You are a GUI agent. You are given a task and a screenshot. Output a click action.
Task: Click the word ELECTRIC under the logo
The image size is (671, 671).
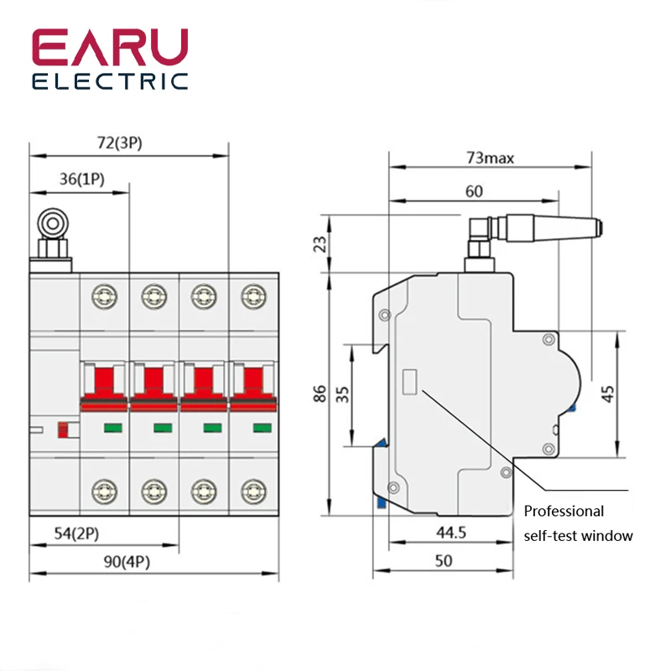pyautogui.click(x=110, y=82)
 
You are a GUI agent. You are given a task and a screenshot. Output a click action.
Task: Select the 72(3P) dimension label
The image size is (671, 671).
pyautogui.click(x=119, y=143)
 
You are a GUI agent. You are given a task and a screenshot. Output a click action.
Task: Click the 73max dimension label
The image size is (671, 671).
pyautogui.click(x=491, y=157)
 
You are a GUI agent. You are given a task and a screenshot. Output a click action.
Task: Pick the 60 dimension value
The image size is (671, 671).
pyautogui.click(x=474, y=191)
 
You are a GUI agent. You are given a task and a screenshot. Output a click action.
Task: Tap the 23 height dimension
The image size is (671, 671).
pyautogui.click(x=320, y=244)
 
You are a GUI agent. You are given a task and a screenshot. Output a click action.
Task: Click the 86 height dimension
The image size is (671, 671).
pyautogui.click(x=320, y=393)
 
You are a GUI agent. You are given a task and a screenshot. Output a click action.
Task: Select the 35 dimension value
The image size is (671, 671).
pyautogui.click(x=342, y=393)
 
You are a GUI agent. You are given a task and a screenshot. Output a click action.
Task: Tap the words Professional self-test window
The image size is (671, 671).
pyautogui.click(x=578, y=523)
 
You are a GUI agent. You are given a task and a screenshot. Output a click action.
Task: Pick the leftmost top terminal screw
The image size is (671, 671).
pyautogui.click(x=104, y=294)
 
